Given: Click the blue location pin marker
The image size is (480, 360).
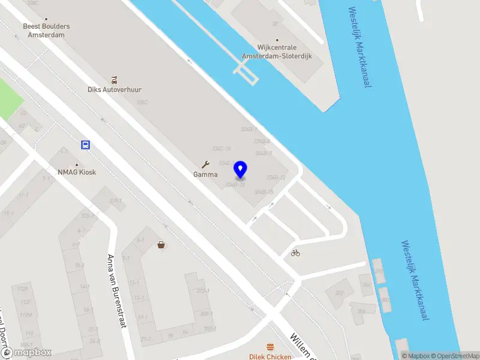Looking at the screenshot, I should pyautogui.click(x=241, y=169).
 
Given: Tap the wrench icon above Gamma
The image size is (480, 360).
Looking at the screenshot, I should pyautogui.click(x=205, y=164).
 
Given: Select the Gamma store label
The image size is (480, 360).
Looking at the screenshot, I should pyautogui.click(x=205, y=175).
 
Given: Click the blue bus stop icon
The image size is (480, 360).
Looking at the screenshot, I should pyautogui.click(x=86, y=145).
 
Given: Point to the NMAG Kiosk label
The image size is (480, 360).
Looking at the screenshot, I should pyautogui.click(x=77, y=172).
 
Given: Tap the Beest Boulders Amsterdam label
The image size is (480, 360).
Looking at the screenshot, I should pyautogui.click(x=46, y=31).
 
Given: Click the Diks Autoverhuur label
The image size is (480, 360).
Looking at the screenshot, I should pyautogui.click(x=115, y=89).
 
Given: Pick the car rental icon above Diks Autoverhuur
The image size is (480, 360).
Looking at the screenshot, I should pyautogui.click(x=114, y=79).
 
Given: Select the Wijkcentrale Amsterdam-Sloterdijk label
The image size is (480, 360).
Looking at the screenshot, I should pyautogui.click(x=277, y=52).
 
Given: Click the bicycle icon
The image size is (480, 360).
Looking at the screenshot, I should pyautogui.click(x=295, y=253).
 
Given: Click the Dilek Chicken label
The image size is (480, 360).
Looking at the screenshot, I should pyautogui.click(x=271, y=356).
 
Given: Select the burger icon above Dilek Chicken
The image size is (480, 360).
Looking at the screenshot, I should pyautogui.click(x=271, y=347).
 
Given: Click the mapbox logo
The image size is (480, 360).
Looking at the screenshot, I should pyautogui.click(x=27, y=352).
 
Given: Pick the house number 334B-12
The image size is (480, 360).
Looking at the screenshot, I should pyautogui.click(x=275, y=178).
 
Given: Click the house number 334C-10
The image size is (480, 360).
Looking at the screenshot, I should pyautogui.click(x=221, y=148).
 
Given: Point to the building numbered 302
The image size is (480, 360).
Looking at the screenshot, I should pyautogui.click(x=340, y=293).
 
